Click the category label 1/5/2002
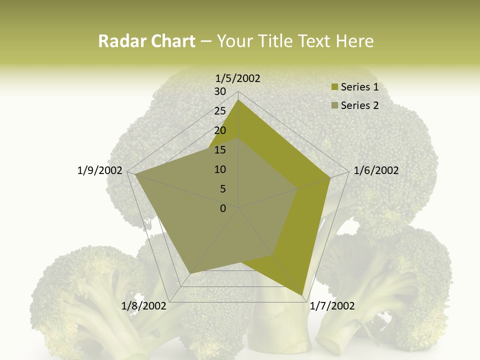[x=238, y=78]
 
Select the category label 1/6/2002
[x=376, y=170]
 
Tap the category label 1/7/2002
[x=332, y=305]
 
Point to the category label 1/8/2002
[x=144, y=305]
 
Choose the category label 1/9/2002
[x=100, y=170]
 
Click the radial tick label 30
[x=220, y=91]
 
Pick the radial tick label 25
[x=220, y=111]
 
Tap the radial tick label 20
[x=220, y=130]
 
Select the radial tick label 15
[x=220, y=150]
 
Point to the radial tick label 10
[x=220, y=169]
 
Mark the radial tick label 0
[x=223, y=208]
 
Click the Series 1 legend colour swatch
[x=335, y=87]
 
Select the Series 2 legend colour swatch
[x=335, y=105]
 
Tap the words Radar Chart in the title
[x=146, y=41]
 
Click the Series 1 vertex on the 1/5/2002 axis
[x=238, y=100]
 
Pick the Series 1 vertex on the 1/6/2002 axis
[x=330, y=177]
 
